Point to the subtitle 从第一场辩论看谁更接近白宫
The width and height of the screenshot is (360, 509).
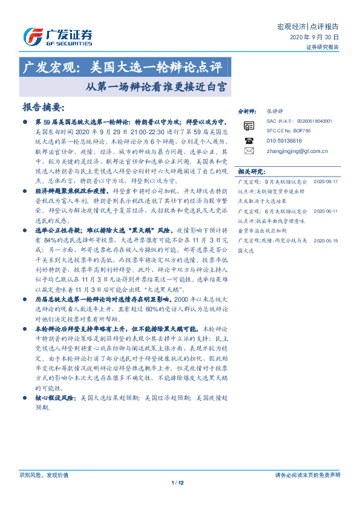pyautogui.click(x=158, y=86)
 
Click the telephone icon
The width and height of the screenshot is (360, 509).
pyautogui.click(x=249, y=140)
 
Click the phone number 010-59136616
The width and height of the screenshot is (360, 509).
pyautogui.click(x=284, y=140)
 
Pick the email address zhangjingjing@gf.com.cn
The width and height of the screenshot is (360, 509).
pyautogui.click(x=296, y=151)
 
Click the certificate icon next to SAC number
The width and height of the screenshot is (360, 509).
pyautogui.click(x=249, y=125)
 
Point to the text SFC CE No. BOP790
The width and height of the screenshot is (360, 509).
pyautogui.click(x=289, y=130)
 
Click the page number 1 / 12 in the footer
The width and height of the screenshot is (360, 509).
pyautogui.click(x=177, y=499)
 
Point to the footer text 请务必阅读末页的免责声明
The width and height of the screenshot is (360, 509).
pyautogui.click(x=307, y=493)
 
